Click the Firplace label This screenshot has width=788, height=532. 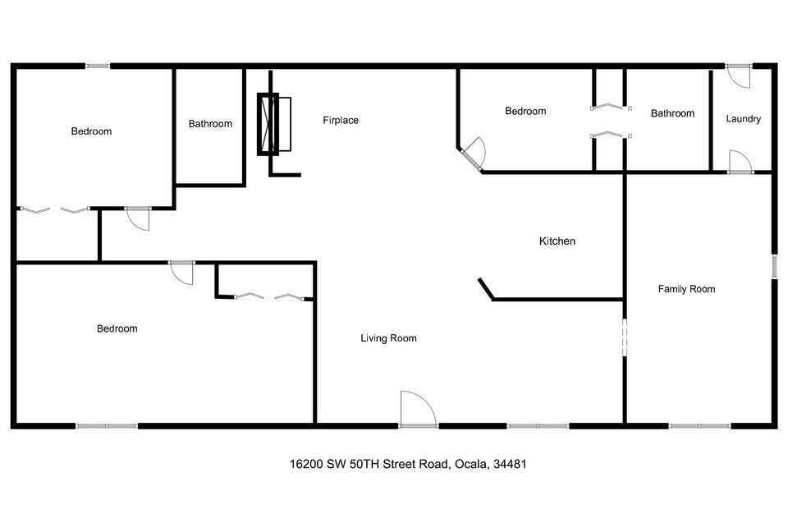pos(341,121)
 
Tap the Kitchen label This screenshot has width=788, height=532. pos(557,241)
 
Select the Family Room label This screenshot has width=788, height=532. pos(686,289)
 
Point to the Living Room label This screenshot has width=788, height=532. pos(388,338)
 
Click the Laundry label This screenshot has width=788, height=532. pos(743,119)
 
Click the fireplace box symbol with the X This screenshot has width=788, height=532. pos(268,125)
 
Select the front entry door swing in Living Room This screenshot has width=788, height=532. pos(417,409)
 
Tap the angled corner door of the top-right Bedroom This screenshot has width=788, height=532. pos(474,154)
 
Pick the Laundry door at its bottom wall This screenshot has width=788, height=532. pos(740,163)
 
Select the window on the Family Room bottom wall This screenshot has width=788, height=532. pos(699,425)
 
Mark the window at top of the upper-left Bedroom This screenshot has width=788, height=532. pos(98,66)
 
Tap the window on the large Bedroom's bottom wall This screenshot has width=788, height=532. pos(107,425)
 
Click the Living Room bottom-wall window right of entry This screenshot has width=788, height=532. pos(538,425)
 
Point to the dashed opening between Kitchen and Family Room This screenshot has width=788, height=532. pos(625,337)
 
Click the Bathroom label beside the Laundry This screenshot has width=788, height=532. pos(672,113)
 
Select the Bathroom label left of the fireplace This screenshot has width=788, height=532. pos(210,124)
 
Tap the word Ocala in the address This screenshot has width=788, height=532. pos(470,464)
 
